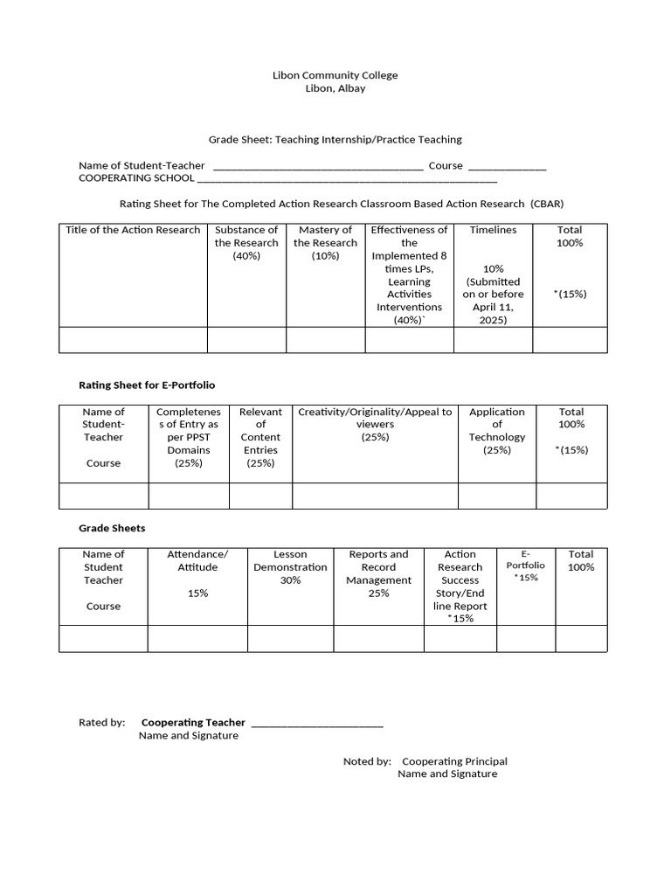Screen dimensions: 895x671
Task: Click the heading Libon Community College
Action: click(x=335, y=75)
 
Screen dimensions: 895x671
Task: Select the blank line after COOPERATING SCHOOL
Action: click(x=347, y=181)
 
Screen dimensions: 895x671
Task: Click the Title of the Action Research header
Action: click(x=133, y=230)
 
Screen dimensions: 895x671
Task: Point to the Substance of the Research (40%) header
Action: click(x=246, y=243)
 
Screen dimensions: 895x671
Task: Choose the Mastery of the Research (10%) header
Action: click(x=325, y=243)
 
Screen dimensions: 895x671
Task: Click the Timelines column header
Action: click(x=493, y=230)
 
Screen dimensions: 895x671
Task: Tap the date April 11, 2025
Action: click(x=493, y=314)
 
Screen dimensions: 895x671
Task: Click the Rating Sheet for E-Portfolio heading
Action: click(x=147, y=385)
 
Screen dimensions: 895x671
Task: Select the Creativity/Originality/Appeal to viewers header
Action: click(x=375, y=424)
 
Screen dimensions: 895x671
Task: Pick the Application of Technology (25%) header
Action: click(x=496, y=431)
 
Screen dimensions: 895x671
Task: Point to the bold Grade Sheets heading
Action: click(x=112, y=528)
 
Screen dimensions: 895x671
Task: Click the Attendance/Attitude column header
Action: click(x=197, y=561)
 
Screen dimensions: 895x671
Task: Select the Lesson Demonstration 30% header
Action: click(x=290, y=567)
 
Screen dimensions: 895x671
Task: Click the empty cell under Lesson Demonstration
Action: click(x=290, y=639)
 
